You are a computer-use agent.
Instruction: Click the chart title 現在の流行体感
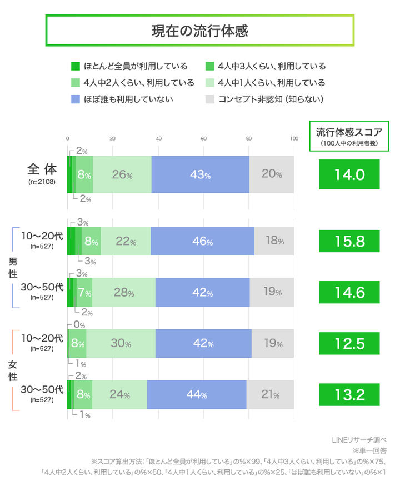(x=199, y=31)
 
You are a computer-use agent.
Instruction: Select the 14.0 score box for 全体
(x=349, y=174)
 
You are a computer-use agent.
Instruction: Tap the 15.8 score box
(x=349, y=241)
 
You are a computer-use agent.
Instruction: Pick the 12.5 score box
(x=349, y=343)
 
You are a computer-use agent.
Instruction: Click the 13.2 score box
(x=349, y=395)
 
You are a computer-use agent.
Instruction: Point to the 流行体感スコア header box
(x=349, y=136)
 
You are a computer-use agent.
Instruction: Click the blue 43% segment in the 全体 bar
(x=200, y=174)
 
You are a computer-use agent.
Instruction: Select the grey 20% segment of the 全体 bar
(x=272, y=174)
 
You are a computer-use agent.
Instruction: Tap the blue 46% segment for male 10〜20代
(x=202, y=241)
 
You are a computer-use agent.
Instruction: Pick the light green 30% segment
(x=121, y=343)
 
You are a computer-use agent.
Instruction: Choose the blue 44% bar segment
(x=197, y=395)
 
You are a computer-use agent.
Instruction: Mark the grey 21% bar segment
(x=271, y=395)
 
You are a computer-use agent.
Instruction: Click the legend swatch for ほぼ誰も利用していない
(x=76, y=99)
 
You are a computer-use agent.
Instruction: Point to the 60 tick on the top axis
(x=204, y=139)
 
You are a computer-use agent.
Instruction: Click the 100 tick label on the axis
(x=294, y=139)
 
